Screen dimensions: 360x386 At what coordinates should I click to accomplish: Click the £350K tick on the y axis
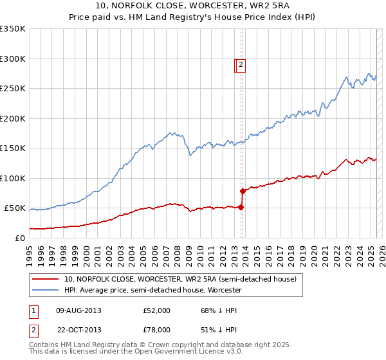click(14, 29)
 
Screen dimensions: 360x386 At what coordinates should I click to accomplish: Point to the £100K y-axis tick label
click(14, 178)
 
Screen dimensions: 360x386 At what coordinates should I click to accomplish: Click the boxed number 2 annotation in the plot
click(240, 64)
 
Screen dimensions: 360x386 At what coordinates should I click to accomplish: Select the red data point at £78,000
click(243, 191)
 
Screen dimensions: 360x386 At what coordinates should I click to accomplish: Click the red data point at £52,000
click(241, 206)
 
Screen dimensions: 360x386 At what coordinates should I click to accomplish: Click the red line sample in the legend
click(45, 279)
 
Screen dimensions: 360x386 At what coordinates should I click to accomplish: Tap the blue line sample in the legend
click(45, 290)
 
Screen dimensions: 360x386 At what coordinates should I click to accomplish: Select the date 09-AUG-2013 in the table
click(78, 310)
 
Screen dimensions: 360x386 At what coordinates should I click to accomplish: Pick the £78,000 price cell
click(156, 330)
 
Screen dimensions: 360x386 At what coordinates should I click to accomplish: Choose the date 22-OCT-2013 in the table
click(79, 330)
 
